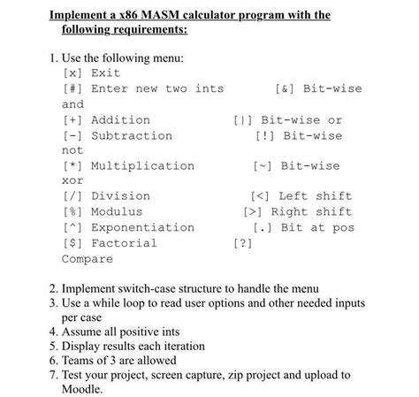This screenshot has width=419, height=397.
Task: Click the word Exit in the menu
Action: [x=105, y=73]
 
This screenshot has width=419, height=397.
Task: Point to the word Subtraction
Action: [x=132, y=135]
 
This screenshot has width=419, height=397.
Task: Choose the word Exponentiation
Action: [x=143, y=227]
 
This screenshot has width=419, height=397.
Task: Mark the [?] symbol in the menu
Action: [x=241, y=243]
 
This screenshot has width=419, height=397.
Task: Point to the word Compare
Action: [x=88, y=259]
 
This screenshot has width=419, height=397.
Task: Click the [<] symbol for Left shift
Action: [x=261, y=196]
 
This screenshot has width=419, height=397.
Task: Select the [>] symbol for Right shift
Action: [x=253, y=212]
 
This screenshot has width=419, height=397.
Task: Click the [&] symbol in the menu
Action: [x=285, y=88]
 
